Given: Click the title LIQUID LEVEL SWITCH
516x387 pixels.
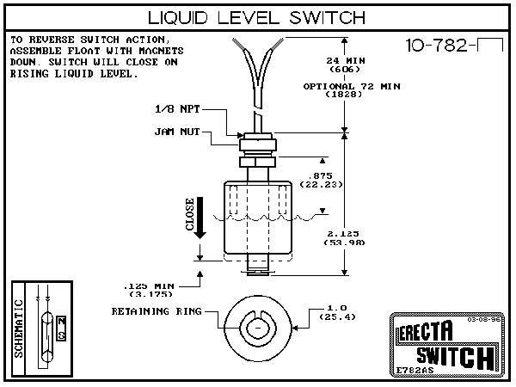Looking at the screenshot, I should coord(258,18).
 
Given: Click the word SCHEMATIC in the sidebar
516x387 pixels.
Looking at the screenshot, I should coord(20,328).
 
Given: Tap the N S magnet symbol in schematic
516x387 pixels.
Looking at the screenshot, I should coord(60,328).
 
